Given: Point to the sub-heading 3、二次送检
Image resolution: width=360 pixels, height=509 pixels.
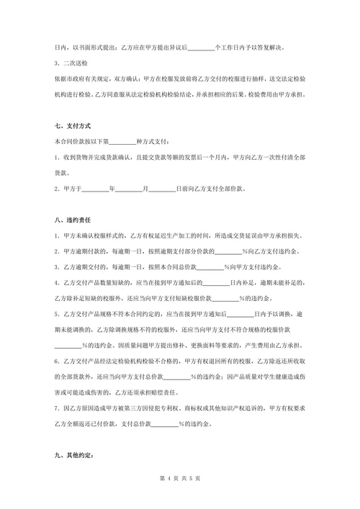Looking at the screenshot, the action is click(71, 63).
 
